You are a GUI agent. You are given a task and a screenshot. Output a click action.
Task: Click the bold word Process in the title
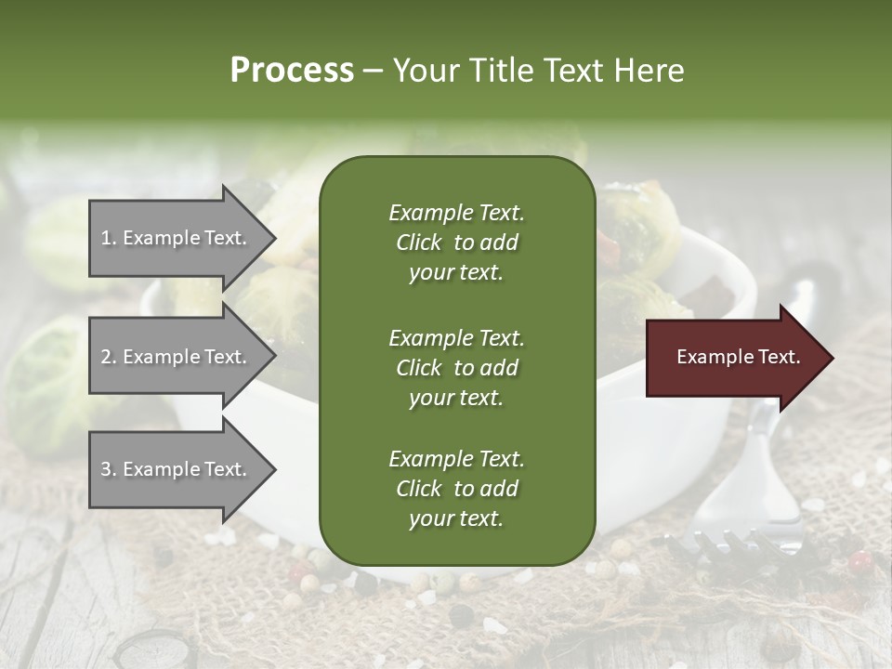[x=292, y=71]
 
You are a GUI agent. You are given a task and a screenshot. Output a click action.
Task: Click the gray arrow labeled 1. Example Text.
[x=177, y=238]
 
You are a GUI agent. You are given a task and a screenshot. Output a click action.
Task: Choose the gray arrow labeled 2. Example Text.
[x=177, y=357]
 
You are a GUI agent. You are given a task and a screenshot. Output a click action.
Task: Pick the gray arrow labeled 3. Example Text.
[x=177, y=469]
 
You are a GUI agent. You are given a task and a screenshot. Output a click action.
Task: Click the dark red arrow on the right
[x=734, y=358]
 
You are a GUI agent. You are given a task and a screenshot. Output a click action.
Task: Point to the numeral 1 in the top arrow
[x=105, y=238]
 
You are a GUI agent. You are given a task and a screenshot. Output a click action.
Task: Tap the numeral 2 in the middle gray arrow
[x=106, y=357]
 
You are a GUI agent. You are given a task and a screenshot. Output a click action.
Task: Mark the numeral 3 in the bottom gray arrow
[x=106, y=469]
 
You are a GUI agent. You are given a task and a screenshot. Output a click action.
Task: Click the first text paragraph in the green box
[x=456, y=243]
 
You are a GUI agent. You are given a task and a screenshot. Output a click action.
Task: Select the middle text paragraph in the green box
[x=456, y=368]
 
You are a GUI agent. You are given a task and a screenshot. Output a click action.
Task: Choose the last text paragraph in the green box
[x=456, y=489]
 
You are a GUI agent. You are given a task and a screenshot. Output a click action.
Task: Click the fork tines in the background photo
[x=734, y=548]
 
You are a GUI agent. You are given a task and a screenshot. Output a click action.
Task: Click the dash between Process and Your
[x=373, y=71]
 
